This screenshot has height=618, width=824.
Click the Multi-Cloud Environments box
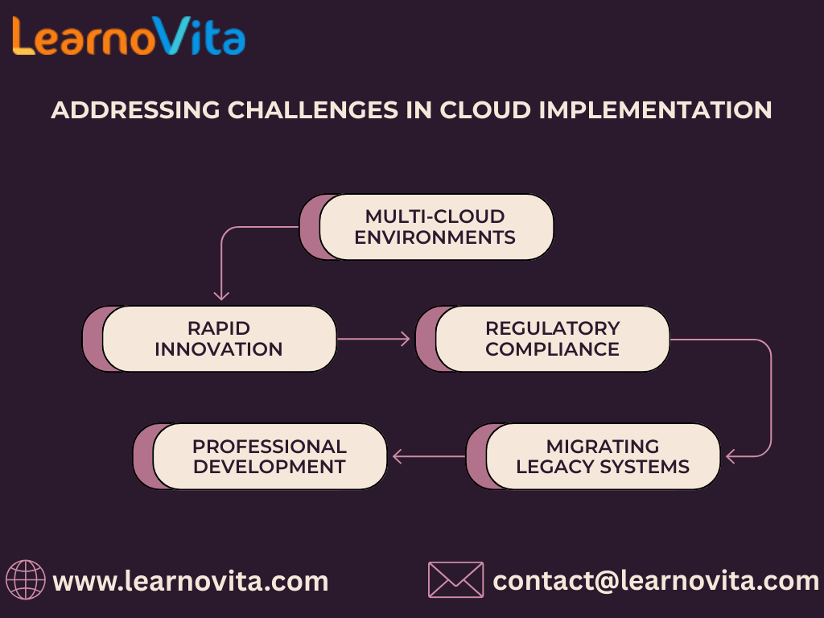click(435, 227)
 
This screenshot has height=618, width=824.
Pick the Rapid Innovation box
click(218, 339)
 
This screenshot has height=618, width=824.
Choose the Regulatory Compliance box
click(552, 339)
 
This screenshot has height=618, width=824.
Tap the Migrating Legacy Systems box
click(602, 456)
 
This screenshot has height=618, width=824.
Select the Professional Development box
click(269, 456)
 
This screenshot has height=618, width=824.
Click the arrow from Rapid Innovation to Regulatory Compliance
click(374, 339)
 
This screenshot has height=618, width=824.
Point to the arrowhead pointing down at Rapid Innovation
click(221, 295)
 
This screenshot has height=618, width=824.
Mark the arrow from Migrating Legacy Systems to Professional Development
click(428, 456)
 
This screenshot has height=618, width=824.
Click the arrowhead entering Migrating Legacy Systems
click(731, 456)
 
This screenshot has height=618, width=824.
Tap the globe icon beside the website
click(26, 580)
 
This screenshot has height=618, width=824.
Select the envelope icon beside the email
click(455, 580)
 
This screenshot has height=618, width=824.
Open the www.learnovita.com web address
click(191, 580)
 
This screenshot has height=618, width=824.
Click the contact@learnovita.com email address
click(655, 580)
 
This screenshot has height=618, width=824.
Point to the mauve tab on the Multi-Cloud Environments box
click(310, 227)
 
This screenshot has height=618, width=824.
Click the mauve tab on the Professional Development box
click(143, 456)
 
